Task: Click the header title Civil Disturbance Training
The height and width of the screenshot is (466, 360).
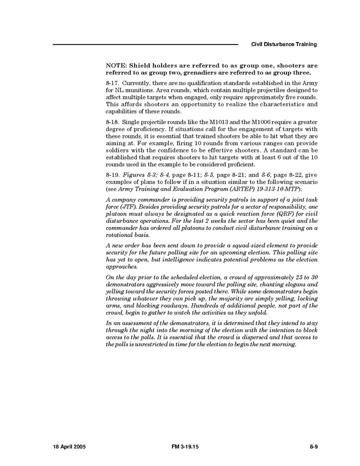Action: click(x=284, y=45)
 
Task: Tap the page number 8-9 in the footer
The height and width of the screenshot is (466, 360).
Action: click(x=313, y=446)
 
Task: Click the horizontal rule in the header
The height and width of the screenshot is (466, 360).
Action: click(x=146, y=45)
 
